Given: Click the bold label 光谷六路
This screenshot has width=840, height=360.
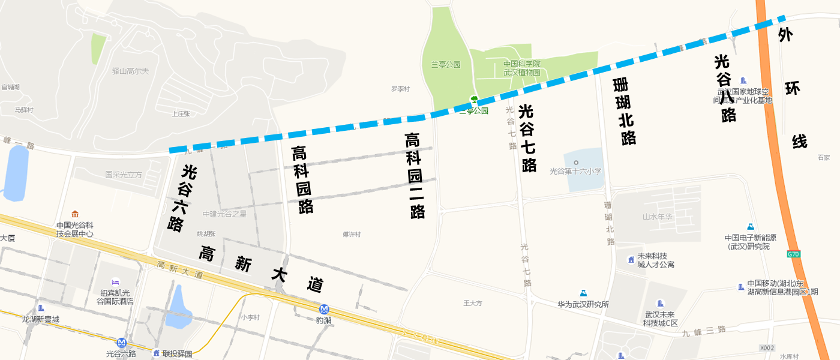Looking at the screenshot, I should pyautogui.click(x=176, y=199).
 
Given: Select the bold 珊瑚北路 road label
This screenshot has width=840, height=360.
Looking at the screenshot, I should pyautogui.click(x=625, y=112).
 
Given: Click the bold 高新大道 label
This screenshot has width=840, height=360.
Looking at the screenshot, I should pyautogui.click(x=262, y=269).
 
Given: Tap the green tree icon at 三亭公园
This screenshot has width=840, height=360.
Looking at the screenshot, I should pyautogui.click(x=474, y=100).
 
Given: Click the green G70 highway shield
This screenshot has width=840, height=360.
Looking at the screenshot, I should pyautogui.click(x=794, y=254).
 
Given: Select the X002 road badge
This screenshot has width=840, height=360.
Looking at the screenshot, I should pyautogui.click(x=767, y=347).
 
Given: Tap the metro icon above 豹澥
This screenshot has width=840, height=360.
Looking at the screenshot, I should pyautogui.click(x=324, y=309).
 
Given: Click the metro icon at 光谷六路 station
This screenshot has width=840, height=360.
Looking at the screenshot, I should pyautogui.click(x=122, y=343).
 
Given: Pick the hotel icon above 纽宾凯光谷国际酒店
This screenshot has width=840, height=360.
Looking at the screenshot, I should pyautogui.click(x=116, y=282).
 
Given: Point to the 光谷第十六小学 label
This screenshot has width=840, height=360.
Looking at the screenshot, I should pyautogui.click(x=575, y=171).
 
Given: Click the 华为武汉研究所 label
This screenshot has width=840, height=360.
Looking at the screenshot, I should pyautogui.click(x=583, y=304).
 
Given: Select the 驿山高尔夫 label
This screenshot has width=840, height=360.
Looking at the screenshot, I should pyautogui.click(x=130, y=71).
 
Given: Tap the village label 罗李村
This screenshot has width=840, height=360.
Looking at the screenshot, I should pyautogui.click(x=400, y=89).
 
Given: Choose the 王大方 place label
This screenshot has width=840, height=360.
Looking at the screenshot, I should pyautogui.click(x=473, y=303).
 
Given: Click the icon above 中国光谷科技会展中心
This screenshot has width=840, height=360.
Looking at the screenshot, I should pyautogui.click(x=75, y=214).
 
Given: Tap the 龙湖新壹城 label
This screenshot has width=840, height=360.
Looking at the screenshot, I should pyautogui.click(x=40, y=319).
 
